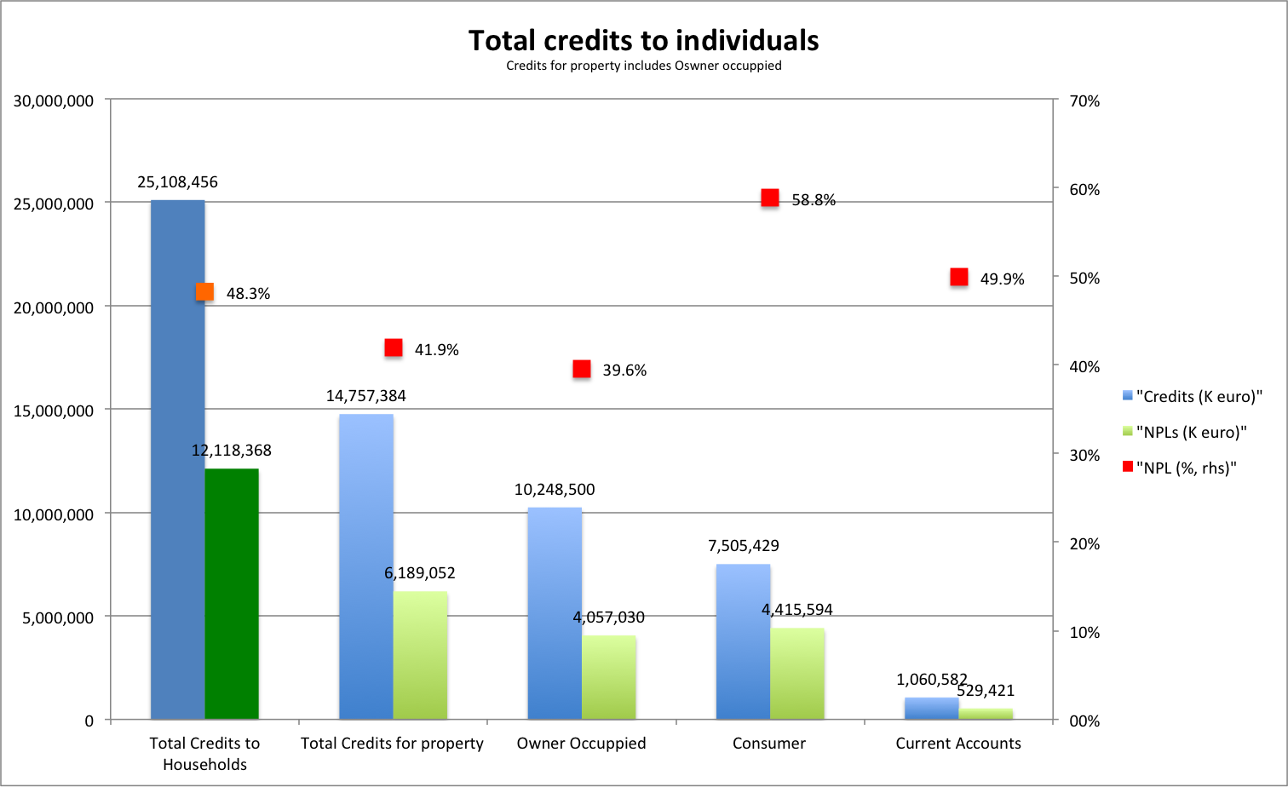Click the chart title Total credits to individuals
click(x=643, y=40)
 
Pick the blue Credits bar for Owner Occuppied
click(x=555, y=613)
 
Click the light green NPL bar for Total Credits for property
click(x=420, y=655)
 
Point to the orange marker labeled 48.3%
click(x=205, y=292)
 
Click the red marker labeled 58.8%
click(x=770, y=198)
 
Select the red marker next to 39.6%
click(x=582, y=369)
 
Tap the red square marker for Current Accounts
click(x=959, y=277)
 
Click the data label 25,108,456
click(x=177, y=182)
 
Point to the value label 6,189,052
click(x=420, y=573)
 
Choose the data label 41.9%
click(x=437, y=350)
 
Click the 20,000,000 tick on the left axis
click(x=54, y=307)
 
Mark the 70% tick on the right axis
click(x=1084, y=101)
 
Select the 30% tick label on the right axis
click(x=1084, y=456)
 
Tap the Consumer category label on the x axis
click(x=769, y=744)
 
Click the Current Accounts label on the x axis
click(x=958, y=744)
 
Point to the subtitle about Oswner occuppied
click(x=643, y=66)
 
